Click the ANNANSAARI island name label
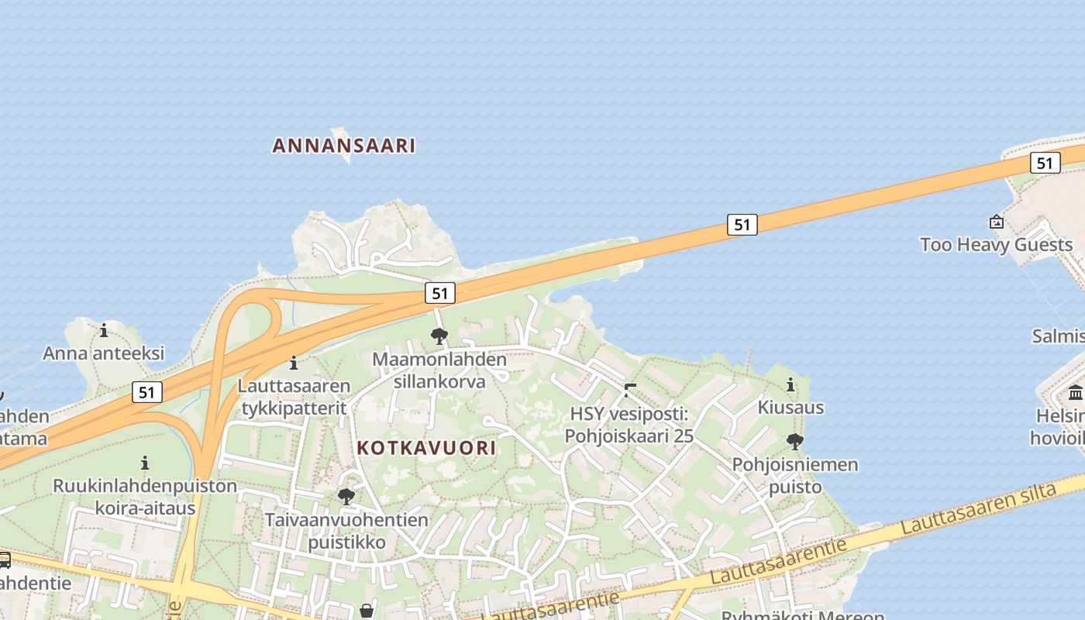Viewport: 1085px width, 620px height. (344, 146)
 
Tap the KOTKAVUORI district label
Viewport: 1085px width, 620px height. (426, 448)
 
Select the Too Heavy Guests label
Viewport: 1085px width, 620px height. (996, 245)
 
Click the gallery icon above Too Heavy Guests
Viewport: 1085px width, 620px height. (997, 222)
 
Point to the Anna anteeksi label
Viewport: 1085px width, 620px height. (104, 353)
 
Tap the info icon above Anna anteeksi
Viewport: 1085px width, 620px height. (104, 331)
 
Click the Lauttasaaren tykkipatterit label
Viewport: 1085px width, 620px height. (294, 396)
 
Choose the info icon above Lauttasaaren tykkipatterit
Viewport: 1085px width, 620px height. (294, 363)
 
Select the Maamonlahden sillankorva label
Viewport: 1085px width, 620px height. (439, 370)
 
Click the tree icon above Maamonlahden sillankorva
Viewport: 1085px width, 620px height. (439, 336)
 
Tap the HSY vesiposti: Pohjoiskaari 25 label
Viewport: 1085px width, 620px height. (629, 425)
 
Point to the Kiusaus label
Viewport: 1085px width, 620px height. (790, 408)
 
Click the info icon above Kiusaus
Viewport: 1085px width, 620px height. (790, 385)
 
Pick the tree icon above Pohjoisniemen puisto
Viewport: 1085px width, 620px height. (794, 443)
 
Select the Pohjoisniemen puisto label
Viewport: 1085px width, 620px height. (795, 475)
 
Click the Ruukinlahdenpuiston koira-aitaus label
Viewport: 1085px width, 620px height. (145, 497)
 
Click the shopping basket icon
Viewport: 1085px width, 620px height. (367, 611)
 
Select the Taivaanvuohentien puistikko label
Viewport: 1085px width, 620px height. (346, 530)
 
